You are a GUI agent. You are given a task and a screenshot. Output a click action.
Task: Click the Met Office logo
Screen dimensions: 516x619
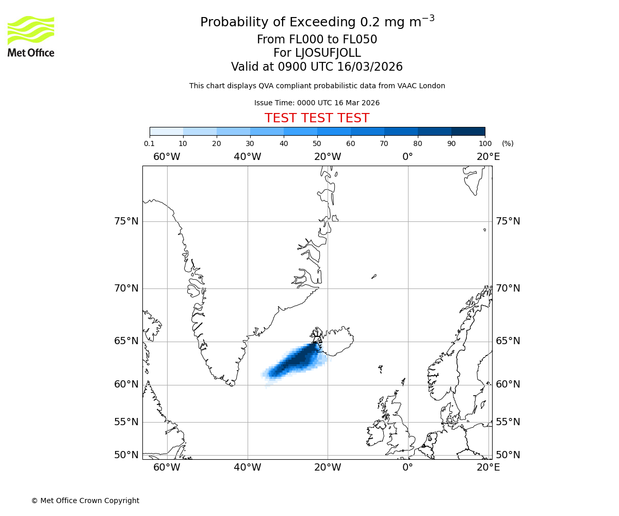click(31, 36)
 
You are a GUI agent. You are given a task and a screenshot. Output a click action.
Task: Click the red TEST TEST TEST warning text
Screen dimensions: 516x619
click(317, 119)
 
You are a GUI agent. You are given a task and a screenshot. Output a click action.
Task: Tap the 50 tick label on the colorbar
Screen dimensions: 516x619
click(317, 143)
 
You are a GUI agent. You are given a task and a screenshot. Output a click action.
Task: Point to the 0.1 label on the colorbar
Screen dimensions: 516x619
click(149, 143)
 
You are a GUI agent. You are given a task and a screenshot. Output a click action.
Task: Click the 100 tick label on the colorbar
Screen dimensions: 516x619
click(485, 143)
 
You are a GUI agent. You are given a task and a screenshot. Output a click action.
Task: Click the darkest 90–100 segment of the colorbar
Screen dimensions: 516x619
click(468, 131)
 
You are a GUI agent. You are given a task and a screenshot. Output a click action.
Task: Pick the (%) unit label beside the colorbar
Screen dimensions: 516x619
click(508, 143)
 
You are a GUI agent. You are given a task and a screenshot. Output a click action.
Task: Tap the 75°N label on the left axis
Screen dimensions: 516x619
click(126, 221)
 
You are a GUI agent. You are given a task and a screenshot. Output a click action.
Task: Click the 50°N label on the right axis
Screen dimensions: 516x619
click(508, 455)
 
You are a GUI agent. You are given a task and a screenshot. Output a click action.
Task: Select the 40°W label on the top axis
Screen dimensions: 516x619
click(247, 156)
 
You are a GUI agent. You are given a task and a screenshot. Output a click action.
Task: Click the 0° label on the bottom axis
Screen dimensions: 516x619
click(408, 467)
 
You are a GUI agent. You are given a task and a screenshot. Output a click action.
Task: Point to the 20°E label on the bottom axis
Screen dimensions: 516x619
click(488, 467)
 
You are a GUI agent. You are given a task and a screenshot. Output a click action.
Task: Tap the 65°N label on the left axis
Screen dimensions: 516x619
click(126, 341)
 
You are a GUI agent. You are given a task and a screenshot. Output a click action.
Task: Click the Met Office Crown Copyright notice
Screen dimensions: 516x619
click(85, 501)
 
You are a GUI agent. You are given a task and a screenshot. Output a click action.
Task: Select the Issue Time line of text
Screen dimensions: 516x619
click(317, 103)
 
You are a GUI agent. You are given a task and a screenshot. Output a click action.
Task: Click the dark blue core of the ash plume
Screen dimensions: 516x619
click(299, 359)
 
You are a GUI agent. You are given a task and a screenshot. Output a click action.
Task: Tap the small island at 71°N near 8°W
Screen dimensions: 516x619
click(374, 277)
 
